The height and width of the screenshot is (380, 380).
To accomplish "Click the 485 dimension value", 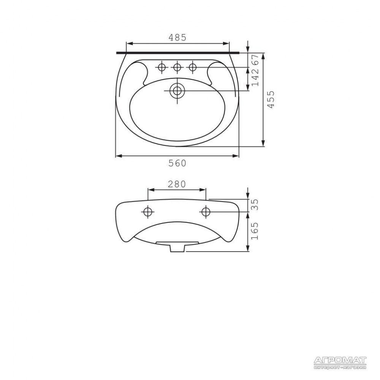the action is click(177, 38).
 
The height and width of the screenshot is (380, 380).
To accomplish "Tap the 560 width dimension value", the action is click(177, 163).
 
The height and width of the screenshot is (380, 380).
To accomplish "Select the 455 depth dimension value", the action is click(271, 99).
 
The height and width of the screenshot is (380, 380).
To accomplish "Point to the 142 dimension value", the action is click(255, 77).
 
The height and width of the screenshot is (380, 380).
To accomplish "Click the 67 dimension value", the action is click(255, 59).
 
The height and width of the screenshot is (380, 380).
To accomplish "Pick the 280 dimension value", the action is click(177, 184).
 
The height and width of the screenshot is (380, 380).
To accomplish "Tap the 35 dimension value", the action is click(255, 205).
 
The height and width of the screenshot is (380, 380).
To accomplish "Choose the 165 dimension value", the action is click(255, 231).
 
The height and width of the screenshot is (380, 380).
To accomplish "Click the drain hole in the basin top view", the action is click(177, 91).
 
